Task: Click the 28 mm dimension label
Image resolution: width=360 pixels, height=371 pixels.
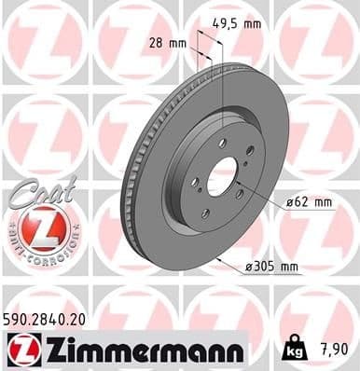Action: (x=168, y=42)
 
